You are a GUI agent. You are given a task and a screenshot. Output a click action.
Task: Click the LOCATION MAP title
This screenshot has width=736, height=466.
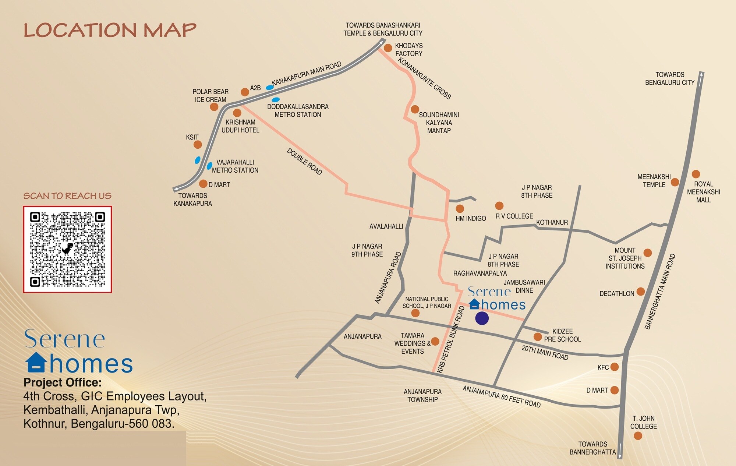click(x=110, y=30)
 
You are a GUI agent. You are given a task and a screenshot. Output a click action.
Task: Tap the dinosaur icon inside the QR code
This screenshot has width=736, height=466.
click(x=67, y=249)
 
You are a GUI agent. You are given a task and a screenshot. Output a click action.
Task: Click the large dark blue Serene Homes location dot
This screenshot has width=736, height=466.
click(x=482, y=318)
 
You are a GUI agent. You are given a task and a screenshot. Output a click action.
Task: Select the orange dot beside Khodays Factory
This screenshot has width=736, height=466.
click(x=388, y=48)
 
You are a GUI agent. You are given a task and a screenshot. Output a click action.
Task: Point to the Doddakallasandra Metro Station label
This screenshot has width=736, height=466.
click(x=298, y=110)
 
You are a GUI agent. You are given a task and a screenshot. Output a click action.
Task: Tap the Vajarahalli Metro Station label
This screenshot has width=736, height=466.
click(x=235, y=166)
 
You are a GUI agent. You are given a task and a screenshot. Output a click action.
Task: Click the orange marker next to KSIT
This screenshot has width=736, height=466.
click(x=198, y=145)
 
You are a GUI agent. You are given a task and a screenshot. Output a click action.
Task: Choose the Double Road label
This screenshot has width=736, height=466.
click(x=304, y=162)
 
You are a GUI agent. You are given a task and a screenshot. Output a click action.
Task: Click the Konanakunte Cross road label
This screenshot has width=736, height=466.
click(x=424, y=78)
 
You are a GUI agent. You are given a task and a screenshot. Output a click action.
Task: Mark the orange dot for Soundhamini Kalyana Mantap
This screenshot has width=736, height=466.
click(x=415, y=109)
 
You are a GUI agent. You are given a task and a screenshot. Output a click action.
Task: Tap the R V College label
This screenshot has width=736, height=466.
click(x=514, y=216)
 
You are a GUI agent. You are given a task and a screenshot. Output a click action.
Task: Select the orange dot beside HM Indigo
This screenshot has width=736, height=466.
click(x=460, y=209)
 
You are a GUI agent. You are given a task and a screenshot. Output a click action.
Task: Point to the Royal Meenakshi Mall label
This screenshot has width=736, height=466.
click(x=703, y=192)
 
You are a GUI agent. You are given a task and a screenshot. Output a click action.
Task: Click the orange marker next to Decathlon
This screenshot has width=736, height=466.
click(x=641, y=292)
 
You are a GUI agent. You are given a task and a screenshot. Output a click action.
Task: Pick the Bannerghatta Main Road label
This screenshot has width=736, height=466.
click(x=660, y=291)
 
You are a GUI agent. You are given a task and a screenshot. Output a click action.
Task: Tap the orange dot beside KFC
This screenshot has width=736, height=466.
click(x=614, y=367)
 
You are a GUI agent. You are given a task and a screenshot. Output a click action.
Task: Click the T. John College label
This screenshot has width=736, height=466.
click(x=643, y=422)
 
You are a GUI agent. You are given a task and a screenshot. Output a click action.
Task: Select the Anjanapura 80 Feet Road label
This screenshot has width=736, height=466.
click(x=501, y=397)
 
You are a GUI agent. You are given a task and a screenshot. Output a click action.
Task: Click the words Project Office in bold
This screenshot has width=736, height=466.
click(x=63, y=382)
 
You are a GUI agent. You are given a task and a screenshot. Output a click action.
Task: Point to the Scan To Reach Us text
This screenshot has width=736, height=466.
click(x=67, y=196)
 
